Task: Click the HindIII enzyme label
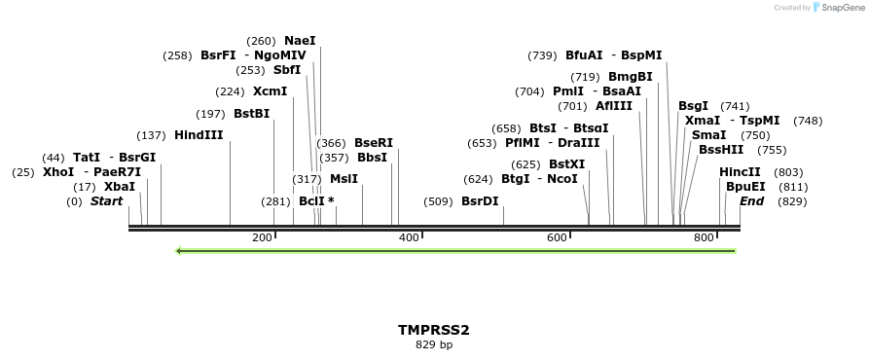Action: point(199,135)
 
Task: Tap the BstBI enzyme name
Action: point(251,114)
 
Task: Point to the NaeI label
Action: point(300,41)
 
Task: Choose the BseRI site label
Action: point(373,143)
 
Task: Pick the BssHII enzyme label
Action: point(720,150)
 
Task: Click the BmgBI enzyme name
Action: point(630,77)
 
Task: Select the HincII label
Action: point(740,172)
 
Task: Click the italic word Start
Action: point(106,201)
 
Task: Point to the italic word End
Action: point(751,201)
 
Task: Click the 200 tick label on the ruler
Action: point(262,237)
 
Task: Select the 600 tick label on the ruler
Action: point(557,237)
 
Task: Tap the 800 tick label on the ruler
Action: point(704,237)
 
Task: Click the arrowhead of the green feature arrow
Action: point(180,251)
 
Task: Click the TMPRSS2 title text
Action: point(433,331)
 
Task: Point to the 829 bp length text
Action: point(433,344)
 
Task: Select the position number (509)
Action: point(439,201)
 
